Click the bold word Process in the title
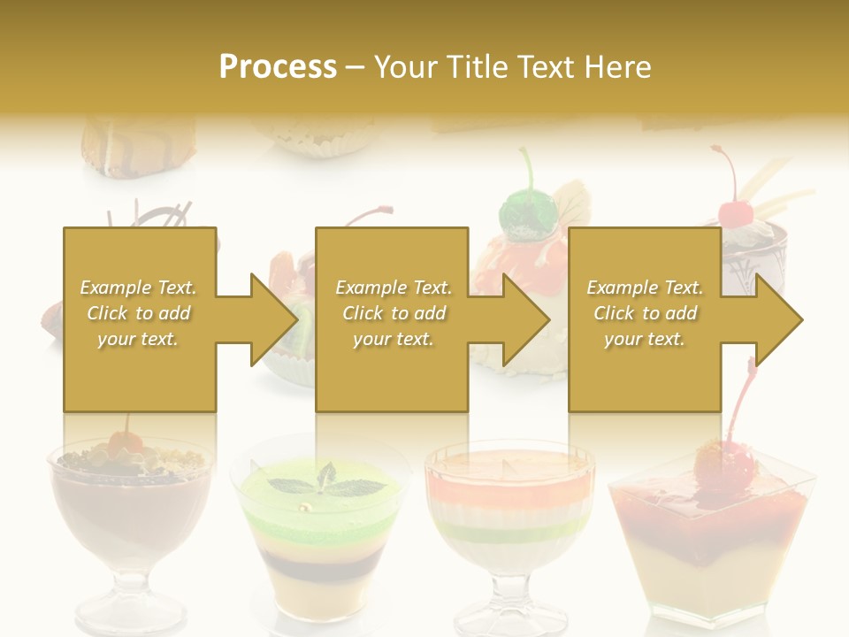(x=278, y=66)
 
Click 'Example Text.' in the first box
(x=138, y=288)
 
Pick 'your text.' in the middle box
(x=393, y=339)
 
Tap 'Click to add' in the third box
(x=646, y=313)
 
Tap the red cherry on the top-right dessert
(x=733, y=213)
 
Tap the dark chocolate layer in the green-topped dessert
(x=319, y=566)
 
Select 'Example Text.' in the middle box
(x=393, y=288)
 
